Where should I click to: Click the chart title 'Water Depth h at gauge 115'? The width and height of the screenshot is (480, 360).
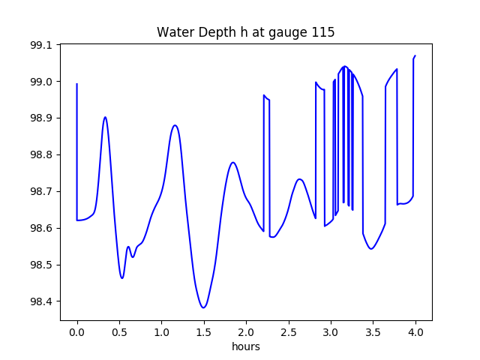[x=245, y=32]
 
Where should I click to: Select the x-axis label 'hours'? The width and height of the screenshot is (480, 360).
[x=245, y=346]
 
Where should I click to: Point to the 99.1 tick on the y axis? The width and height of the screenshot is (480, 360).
[x=40, y=45]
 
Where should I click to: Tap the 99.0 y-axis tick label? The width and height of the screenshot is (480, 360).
[x=40, y=82]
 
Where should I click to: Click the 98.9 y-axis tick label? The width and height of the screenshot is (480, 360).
[x=40, y=118]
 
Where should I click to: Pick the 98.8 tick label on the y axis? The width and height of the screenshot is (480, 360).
[x=40, y=155]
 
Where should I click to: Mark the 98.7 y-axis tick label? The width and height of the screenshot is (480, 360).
[x=40, y=192]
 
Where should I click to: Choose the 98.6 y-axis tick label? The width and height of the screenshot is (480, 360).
[x=40, y=228]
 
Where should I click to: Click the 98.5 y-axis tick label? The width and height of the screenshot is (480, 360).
[x=40, y=265]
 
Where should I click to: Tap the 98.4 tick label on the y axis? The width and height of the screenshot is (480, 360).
[x=40, y=301]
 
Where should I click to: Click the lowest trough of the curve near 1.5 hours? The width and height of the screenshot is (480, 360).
[x=203, y=307]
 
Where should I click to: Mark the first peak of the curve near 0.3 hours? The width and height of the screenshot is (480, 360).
[x=105, y=117]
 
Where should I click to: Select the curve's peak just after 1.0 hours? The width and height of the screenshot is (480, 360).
[x=175, y=125]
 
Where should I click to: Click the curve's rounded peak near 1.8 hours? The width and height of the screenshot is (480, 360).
[x=233, y=162]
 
